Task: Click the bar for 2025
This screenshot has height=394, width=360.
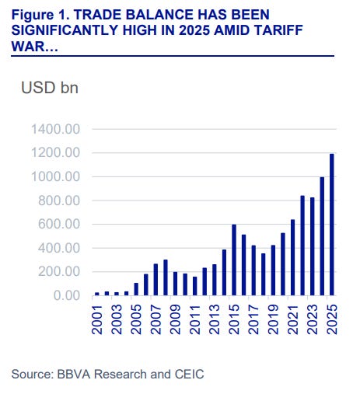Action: point(332,225)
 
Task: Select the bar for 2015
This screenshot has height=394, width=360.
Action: point(234,260)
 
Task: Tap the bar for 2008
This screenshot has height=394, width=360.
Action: point(166,277)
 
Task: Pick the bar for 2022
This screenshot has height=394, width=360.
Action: point(302,246)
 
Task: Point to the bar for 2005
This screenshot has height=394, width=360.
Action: point(136,289)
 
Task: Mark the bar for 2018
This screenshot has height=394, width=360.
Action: point(264,274)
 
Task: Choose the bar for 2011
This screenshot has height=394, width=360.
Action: point(195,286)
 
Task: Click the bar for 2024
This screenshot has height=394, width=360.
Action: point(322,236)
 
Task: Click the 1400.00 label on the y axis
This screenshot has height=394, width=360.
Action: point(55,129)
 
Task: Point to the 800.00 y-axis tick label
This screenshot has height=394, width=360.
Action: point(59,200)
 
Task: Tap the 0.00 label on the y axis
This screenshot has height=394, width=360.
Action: point(67,295)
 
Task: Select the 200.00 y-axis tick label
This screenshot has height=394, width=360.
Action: point(59,272)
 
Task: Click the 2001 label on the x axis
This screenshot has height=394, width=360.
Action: point(97,319)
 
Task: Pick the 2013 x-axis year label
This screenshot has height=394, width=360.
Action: point(215,319)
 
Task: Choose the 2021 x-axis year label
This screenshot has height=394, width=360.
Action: point(293,319)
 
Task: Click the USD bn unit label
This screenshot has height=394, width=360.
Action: point(50,88)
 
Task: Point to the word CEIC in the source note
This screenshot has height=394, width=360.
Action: point(189,374)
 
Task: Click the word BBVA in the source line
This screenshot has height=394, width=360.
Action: point(74,374)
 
